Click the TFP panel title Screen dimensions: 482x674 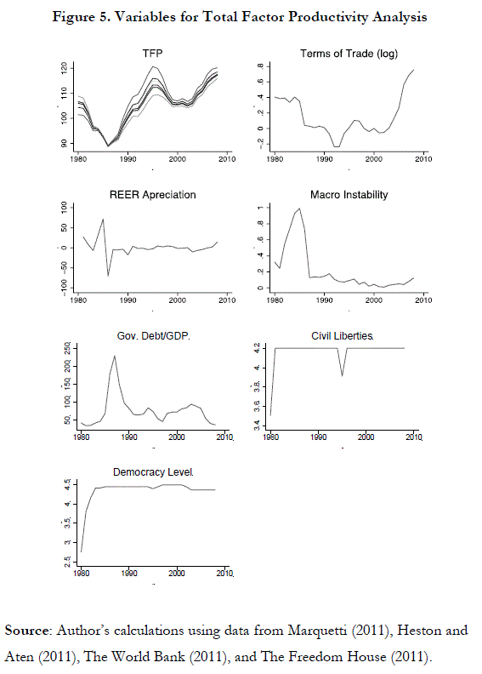[152, 54]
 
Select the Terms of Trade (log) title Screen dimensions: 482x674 [349, 54]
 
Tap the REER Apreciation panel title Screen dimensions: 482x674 [152, 195]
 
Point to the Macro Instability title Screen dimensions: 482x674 [349, 195]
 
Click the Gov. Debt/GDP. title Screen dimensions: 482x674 [153, 335]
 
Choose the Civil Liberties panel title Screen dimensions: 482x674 [342, 335]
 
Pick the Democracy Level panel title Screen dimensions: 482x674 [153, 472]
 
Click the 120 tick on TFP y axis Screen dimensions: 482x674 [64, 68]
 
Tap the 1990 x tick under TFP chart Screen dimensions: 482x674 [128, 159]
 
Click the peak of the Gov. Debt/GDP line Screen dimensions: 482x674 [114, 356]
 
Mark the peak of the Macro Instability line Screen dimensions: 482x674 [299, 208]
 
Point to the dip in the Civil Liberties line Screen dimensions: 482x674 [342, 375]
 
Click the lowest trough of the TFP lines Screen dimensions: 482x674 [108, 146]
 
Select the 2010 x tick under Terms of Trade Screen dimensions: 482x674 [423, 159]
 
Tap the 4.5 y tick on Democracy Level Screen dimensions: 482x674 [68, 484]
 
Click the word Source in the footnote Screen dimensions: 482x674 [27, 631]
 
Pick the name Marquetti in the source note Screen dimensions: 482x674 [318, 631]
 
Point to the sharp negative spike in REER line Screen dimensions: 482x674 [108, 276]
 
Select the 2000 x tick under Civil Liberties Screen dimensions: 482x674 [366, 437]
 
